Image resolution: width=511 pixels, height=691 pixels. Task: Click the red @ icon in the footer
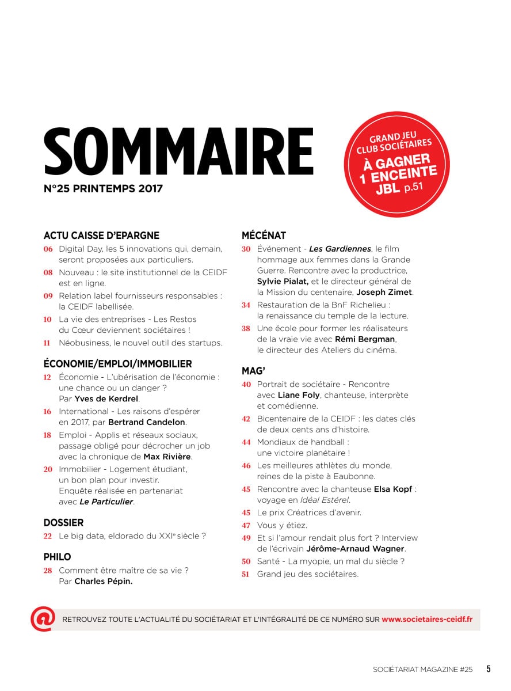click(43, 619)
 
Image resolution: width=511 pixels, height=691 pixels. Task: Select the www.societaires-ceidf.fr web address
click(427, 620)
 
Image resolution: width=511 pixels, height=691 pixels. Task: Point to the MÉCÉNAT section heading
click(264, 236)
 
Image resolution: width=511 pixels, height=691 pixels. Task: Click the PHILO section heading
click(57, 557)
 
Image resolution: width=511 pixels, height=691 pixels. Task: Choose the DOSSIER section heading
click(63, 523)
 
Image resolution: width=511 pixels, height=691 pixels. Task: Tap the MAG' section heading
click(253, 371)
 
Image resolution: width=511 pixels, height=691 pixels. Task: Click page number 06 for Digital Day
click(48, 249)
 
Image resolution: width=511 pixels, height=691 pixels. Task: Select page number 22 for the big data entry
click(48, 536)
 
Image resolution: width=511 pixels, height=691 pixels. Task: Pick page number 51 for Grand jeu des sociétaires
click(246, 574)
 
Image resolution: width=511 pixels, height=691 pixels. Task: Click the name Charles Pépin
click(103, 582)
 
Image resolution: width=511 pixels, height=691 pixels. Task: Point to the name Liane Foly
click(299, 396)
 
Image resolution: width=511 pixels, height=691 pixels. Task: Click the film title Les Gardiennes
click(340, 249)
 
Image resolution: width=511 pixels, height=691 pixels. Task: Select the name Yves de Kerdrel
click(106, 398)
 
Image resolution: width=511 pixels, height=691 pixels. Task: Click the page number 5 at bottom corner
click(488, 669)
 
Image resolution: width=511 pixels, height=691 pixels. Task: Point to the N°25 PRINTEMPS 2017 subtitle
click(103, 189)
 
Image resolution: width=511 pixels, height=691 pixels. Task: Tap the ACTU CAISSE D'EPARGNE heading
click(101, 236)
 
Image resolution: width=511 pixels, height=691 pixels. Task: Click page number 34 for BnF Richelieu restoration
click(246, 305)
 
